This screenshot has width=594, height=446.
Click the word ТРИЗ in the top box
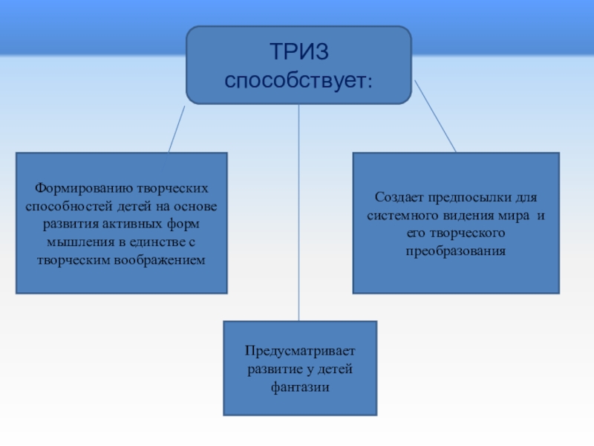[x=298, y=52]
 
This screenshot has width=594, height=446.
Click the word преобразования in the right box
[x=455, y=251]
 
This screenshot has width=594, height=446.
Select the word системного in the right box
[x=406, y=216]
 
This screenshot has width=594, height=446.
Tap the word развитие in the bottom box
[x=275, y=369]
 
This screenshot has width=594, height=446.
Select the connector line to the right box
[x=434, y=115]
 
